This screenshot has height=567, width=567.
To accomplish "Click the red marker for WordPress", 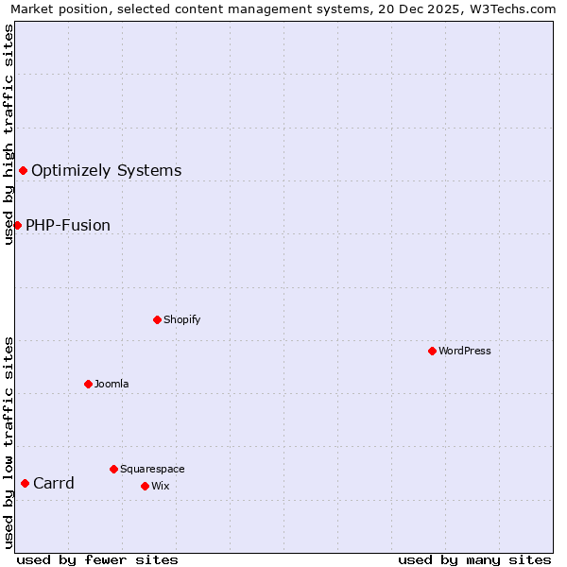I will pyautogui.click(x=432, y=351).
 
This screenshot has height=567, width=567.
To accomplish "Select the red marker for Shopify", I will pyautogui.click(x=157, y=319).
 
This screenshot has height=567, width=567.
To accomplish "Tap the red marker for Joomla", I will pyautogui.click(x=88, y=384).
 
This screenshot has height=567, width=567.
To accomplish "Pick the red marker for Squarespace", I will pyautogui.click(x=113, y=469).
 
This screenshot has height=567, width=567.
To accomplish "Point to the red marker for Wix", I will pyautogui.click(x=145, y=486).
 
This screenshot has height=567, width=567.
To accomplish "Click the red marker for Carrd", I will pyautogui.click(x=25, y=483).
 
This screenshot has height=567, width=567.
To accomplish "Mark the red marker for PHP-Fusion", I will pyautogui.click(x=17, y=225).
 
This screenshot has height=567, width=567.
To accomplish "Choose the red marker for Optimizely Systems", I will pyautogui.click(x=23, y=170).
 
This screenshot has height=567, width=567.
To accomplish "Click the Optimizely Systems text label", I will pyautogui.click(x=106, y=171).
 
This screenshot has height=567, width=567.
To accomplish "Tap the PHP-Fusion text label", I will pyautogui.click(x=68, y=226).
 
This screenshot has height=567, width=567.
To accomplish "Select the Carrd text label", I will pyautogui.click(x=54, y=484).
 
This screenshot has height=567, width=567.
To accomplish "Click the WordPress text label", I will pyautogui.click(x=465, y=351).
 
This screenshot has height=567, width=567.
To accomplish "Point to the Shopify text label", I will pyautogui.click(x=182, y=319).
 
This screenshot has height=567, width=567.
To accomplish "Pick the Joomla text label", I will pyautogui.click(x=112, y=384).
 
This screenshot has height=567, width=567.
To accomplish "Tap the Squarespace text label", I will pyautogui.click(x=152, y=469).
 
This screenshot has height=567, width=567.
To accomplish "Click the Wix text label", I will pyautogui.click(x=161, y=486).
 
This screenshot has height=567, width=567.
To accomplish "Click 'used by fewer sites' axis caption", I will pyautogui.click(x=97, y=559).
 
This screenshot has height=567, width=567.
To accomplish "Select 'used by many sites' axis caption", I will pyautogui.click(x=474, y=559).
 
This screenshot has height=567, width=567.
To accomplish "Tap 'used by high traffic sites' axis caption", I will pyautogui.click(x=9, y=134).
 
